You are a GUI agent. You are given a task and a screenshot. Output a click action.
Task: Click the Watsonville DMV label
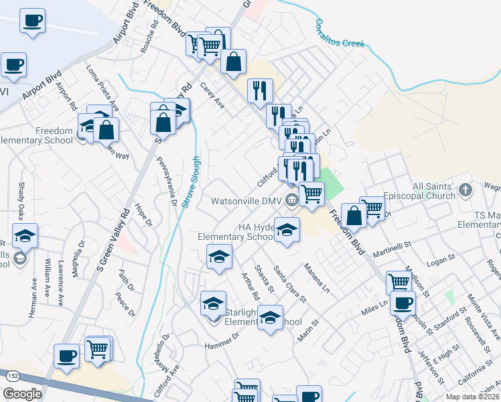pyautogui.click(x=246, y=200)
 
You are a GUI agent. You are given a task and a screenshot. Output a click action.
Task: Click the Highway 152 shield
pyautogui.click(x=13, y=378)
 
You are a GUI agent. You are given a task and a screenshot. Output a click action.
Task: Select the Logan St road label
pyautogui.click(x=441, y=259)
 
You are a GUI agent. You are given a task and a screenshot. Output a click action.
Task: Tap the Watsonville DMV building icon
pyautogui.click(x=291, y=200)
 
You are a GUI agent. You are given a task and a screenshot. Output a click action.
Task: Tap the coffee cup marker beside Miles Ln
pyautogui.click(x=402, y=303)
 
